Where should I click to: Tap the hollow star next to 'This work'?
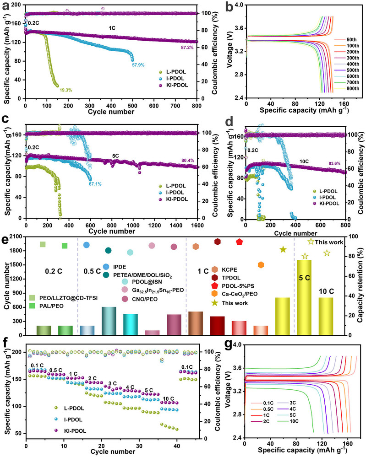[311, 241]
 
